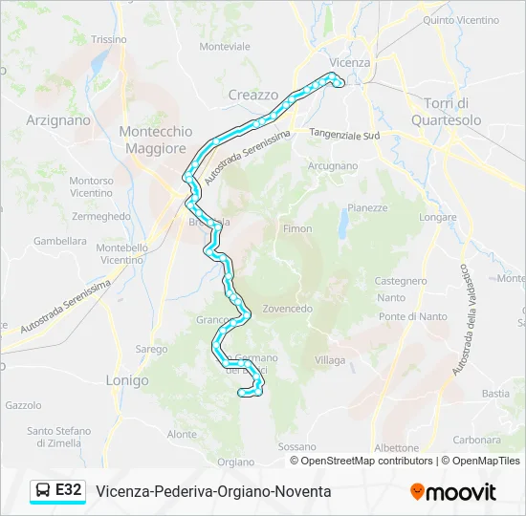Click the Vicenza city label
pos(349,62)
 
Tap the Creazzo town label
pos(253,95)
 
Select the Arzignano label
pos(58,120)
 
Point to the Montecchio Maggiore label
pos(152,140)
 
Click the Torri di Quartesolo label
pos(446,111)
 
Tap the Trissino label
pos(109,39)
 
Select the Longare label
pos(438,217)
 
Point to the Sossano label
pos(296,446)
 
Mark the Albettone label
pos(396,447)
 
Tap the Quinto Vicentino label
pos(461,19)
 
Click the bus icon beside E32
pos(43,491)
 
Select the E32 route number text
pos(69,491)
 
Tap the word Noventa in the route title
pos(303,491)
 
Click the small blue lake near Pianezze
pos(343,226)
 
